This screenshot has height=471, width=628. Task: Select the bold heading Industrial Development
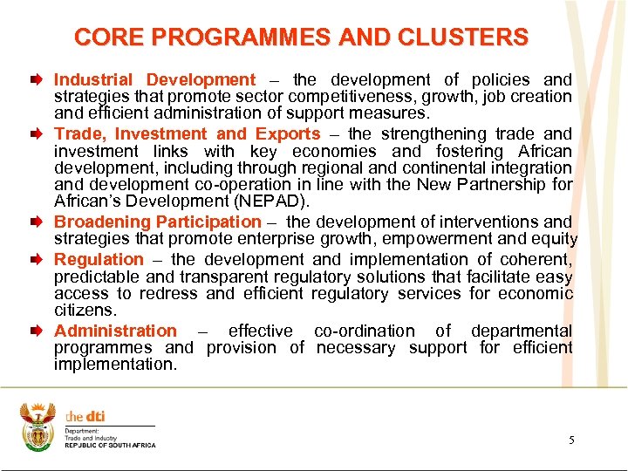click(155, 80)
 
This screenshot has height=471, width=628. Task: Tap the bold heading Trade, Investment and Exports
click(188, 134)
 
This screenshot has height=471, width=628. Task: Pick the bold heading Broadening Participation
click(157, 222)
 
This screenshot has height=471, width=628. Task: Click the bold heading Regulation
click(99, 259)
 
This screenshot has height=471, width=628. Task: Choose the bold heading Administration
click(115, 331)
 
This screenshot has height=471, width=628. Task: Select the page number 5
click(571, 440)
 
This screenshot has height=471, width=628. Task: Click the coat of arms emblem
click(37, 427)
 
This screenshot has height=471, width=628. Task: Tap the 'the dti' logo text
click(85, 416)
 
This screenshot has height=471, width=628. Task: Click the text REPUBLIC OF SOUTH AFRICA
click(110, 446)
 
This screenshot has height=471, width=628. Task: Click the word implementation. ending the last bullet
click(115, 365)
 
